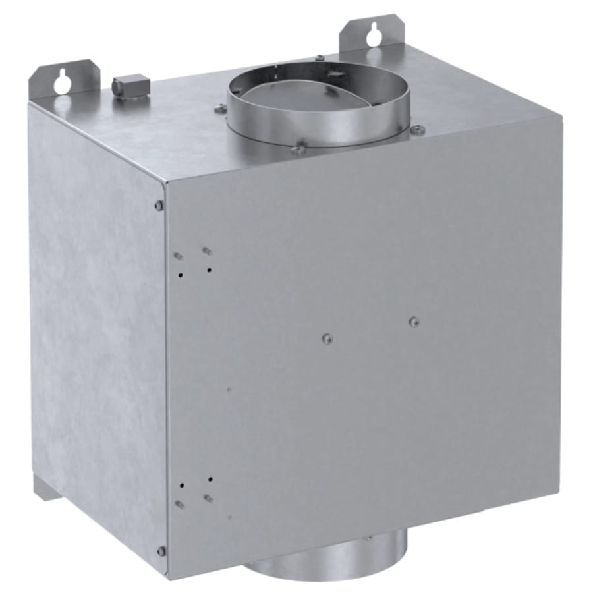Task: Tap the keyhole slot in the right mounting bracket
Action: (x=374, y=34)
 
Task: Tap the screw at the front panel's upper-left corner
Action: (x=159, y=206)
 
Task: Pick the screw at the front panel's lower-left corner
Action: (x=161, y=550)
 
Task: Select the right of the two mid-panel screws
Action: (x=413, y=322)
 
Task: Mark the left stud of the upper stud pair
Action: (x=178, y=255)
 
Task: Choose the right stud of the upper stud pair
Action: (x=206, y=250)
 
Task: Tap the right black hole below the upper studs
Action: (x=209, y=270)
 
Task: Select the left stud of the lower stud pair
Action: (x=180, y=504)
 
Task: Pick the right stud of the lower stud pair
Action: (x=208, y=498)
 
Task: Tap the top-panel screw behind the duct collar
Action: (x=318, y=58)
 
